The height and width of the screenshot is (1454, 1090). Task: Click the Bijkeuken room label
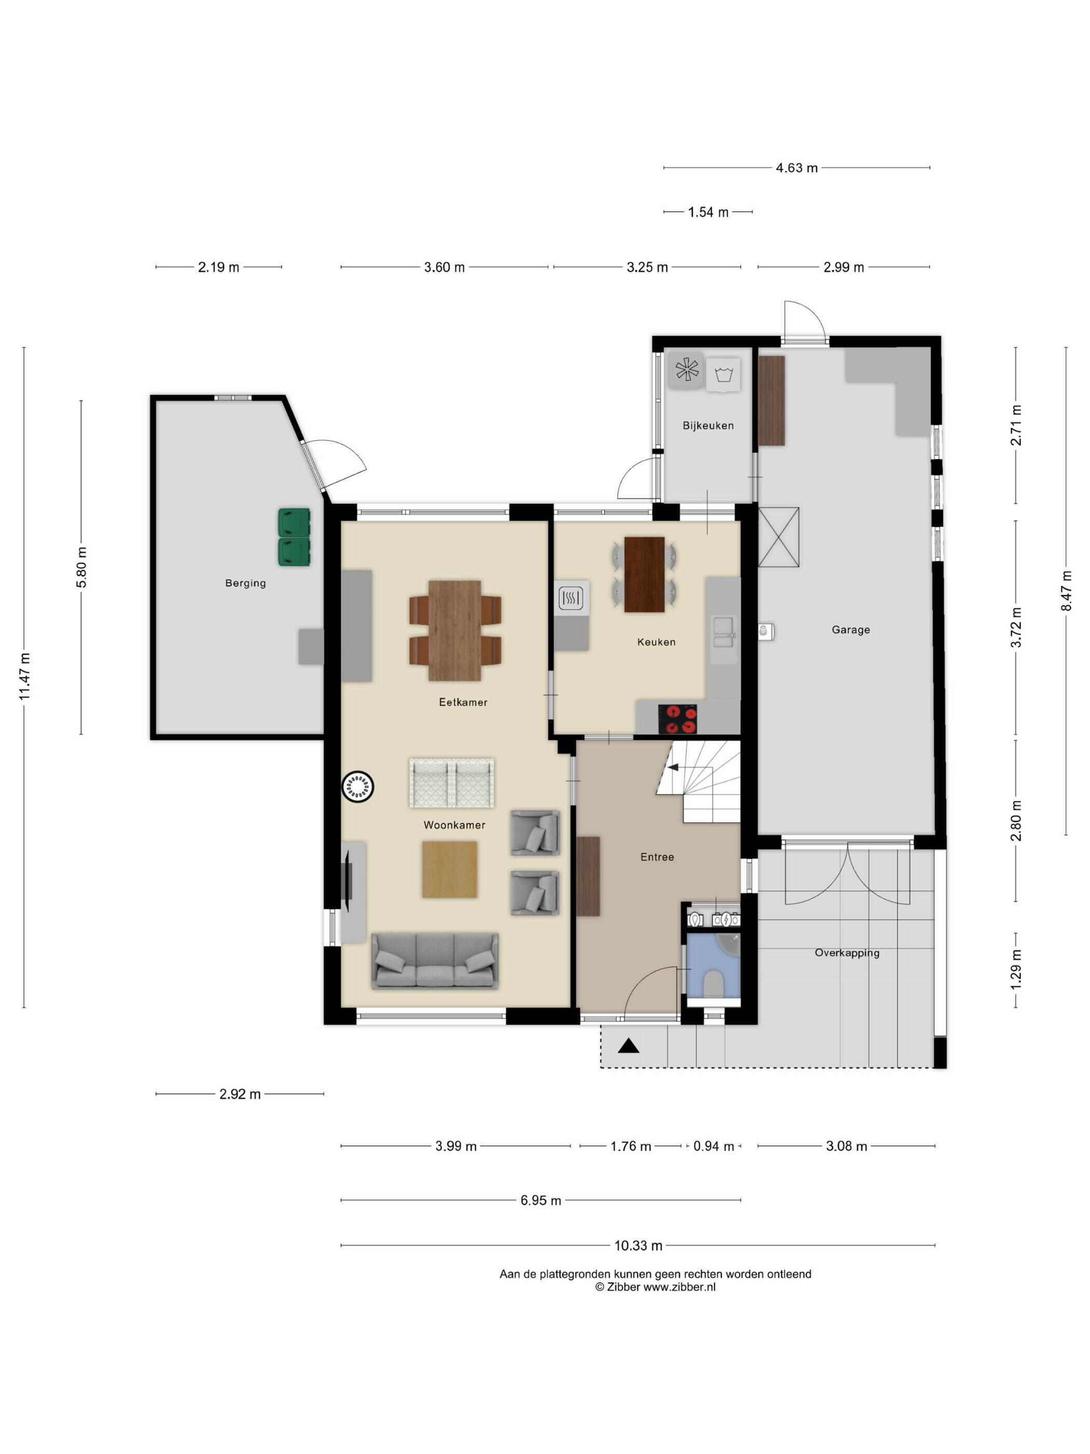coord(707,425)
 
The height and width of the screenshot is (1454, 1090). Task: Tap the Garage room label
coord(850,630)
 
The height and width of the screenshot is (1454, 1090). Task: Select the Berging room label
coord(245,583)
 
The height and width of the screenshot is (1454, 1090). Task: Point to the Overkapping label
coord(847,953)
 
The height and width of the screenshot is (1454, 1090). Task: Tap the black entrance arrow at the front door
coord(629,1046)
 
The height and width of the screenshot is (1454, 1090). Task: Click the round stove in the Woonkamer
coord(358,786)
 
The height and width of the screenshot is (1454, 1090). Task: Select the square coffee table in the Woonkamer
coord(449,870)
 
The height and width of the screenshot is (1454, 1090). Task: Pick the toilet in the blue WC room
coord(713,984)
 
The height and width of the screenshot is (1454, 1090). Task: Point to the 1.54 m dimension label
coord(709,212)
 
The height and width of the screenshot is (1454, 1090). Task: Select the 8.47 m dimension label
coord(1066,591)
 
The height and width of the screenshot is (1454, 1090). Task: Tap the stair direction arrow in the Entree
coord(673,766)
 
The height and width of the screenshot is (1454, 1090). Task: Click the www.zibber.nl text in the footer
coord(679,1287)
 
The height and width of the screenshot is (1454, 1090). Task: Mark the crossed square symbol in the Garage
coord(779,537)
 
